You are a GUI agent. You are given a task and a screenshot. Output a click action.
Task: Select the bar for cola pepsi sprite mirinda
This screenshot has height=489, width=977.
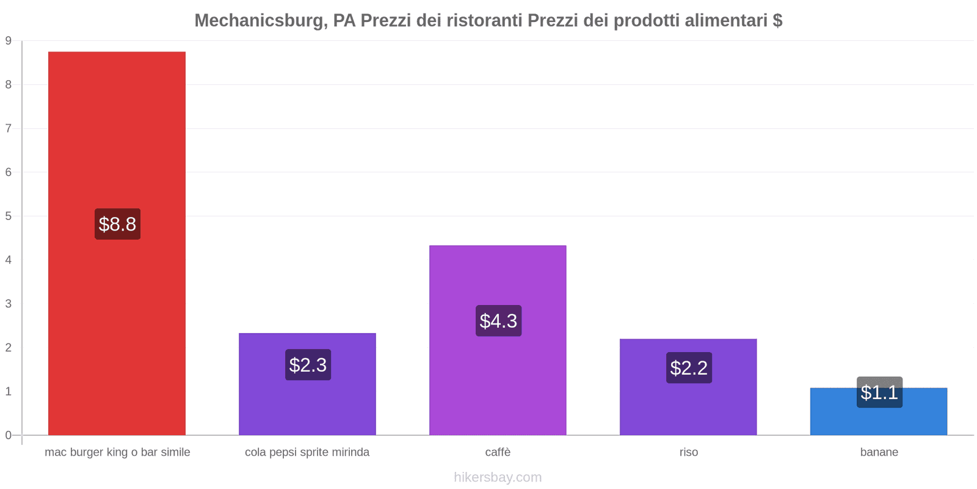click(x=307, y=403)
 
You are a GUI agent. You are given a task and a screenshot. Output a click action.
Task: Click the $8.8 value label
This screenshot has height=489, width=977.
click(x=117, y=224)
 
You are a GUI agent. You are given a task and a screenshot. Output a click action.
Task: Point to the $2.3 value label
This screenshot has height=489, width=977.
click(x=308, y=365)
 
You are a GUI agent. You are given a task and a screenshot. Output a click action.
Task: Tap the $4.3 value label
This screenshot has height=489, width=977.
click(x=498, y=321)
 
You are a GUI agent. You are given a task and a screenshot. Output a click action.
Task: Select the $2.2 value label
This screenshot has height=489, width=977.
click(x=689, y=368)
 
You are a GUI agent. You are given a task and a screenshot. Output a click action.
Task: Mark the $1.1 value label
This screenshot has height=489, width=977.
click(x=879, y=392)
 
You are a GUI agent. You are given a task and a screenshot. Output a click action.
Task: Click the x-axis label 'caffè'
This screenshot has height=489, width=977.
click(x=498, y=452)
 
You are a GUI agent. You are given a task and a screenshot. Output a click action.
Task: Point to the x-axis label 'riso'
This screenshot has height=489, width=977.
click(x=688, y=452)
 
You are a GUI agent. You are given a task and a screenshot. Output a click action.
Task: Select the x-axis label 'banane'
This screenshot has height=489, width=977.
click(x=879, y=452)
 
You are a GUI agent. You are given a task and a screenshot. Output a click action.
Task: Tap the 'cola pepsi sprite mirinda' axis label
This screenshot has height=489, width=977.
click(x=307, y=452)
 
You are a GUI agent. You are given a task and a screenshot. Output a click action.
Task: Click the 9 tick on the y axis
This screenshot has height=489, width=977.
click(x=9, y=41)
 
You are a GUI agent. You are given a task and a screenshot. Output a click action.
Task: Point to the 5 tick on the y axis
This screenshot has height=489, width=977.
click(x=9, y=216)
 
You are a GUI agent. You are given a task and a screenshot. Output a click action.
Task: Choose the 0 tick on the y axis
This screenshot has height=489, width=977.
click(x=9, y=435)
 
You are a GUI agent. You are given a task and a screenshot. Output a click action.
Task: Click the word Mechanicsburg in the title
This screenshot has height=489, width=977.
click(x=259, y=21)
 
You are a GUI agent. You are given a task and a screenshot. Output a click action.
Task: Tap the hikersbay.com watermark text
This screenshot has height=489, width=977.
click(x=498, y=477)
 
